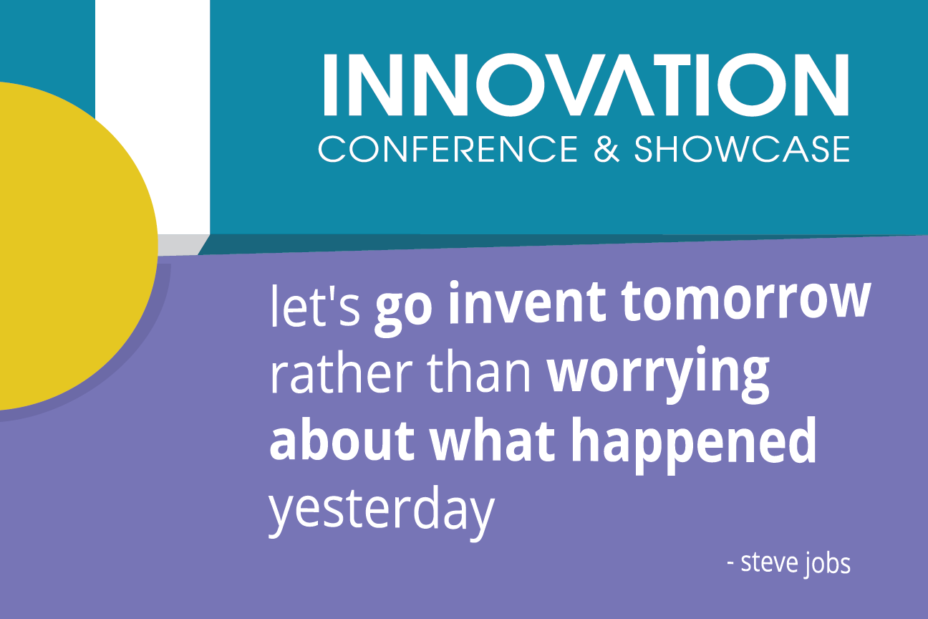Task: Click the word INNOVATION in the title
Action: (586, 85)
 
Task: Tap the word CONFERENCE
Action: (448, 149)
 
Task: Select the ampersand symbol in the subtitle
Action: (606, 149)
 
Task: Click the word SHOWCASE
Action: (742, 149)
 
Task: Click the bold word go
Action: (404, 309)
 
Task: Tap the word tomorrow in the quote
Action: (746, 302)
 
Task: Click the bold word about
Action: (342, 439)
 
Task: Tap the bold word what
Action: (492, 439)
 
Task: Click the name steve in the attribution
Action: (769, 563)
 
